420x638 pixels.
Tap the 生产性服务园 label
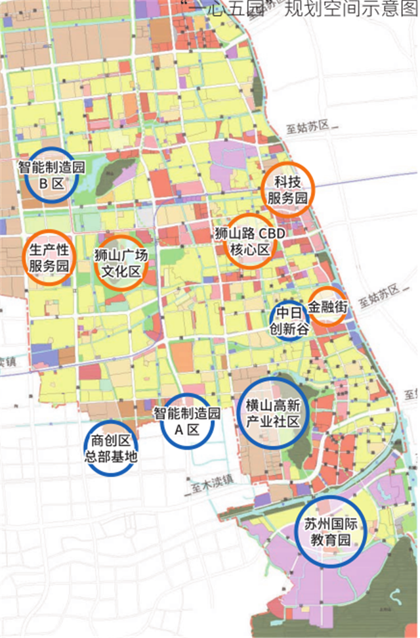pyautogui.click(x=49, y=258)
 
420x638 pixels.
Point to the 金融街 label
pyautogui.click(x=327, y=306)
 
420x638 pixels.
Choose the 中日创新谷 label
pyautogui.click(x=289, y=321)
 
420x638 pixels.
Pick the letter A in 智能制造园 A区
pyautogui.click(x=174, y=430)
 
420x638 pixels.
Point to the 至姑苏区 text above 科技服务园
pyautogui.click(x=306, y=125)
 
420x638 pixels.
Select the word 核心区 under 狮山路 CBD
pyautogui.click(x=250, y=250)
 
